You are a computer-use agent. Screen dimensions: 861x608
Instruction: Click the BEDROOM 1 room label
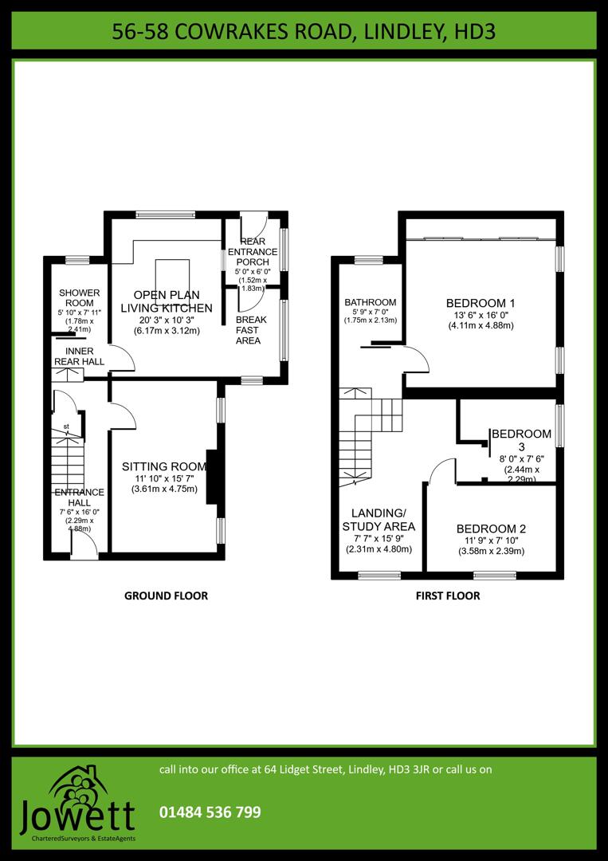[x=481, y=303]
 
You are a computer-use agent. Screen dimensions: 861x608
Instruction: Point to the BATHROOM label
[x=370, y=302]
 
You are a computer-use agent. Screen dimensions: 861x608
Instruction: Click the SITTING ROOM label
[x=164, y=466]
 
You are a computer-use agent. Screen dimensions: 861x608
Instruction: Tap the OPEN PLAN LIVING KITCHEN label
[x=167, y=301]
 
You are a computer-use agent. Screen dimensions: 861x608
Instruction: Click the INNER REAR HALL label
[x=79, y=356]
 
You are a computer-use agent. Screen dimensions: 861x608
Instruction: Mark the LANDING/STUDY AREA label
[x=379, y=519]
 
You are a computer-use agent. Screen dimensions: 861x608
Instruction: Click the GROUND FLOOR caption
[x=166, y=596]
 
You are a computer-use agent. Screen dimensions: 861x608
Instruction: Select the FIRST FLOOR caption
[x=448, y=596]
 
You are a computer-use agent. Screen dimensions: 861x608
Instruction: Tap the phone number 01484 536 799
[x=210, y=812]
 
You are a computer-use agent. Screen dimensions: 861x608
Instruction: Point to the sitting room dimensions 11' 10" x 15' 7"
[x=164, y=478]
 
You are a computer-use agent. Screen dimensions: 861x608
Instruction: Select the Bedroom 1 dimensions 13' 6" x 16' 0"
[x=481, y=315]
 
